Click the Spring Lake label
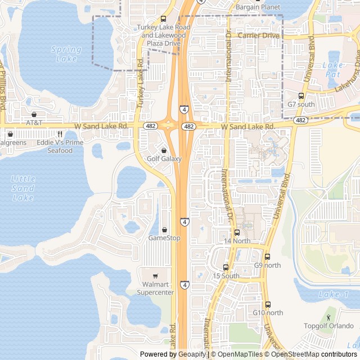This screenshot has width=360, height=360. pos(66,54)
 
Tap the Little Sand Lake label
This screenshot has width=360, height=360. pos(23,188)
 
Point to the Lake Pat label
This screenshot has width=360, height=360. pos(333,69)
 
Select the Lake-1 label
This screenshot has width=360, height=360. pos(334,294)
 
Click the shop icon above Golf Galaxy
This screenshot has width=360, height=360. pos(164,151)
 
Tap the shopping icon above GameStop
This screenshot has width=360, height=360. pos(164,229)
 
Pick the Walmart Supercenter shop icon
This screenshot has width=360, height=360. pos(156,276)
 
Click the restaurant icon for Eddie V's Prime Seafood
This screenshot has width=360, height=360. pos(60,134)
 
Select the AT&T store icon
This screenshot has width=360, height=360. pos(34,114)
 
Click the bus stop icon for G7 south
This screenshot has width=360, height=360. pos(301,96)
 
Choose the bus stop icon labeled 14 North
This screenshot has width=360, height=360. pos(237,232)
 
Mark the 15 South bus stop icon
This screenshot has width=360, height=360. pos(226,267)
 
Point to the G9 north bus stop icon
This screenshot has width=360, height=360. pos(267,256)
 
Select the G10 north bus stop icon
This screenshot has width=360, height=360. pos(268,304)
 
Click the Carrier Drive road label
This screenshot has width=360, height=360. pos(258,35)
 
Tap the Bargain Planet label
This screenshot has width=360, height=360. pos(258,7)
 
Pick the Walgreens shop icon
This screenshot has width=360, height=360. pos(10,134)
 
